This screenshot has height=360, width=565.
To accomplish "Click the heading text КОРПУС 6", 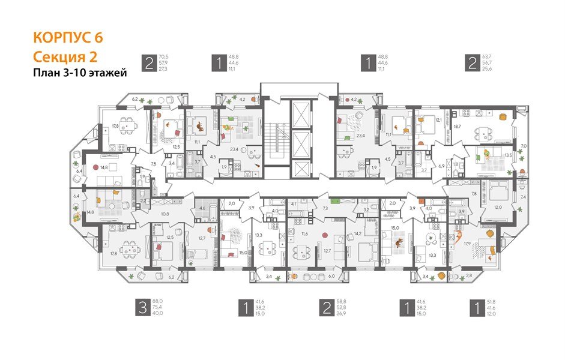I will [x=67, y=37].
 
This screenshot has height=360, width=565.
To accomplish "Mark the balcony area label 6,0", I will [x=331, y=276].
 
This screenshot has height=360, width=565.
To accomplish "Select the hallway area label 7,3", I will [x=324, y=207].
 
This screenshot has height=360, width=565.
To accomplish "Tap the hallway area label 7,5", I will [x=153, y=164].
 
